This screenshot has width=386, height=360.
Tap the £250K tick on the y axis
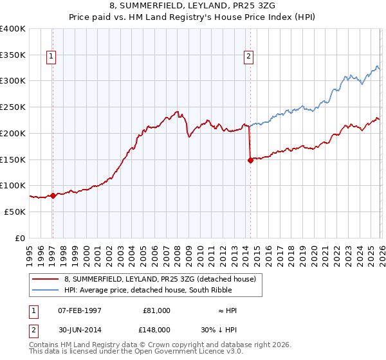click(x=13, y=107)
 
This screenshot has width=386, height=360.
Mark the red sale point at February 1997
click(x=53, y=195)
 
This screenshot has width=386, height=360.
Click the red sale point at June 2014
click(x=250, y=161)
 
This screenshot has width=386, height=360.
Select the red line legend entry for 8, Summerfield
click(x=160, y=279)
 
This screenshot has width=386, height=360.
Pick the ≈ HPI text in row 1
click(x=228, y=310)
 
